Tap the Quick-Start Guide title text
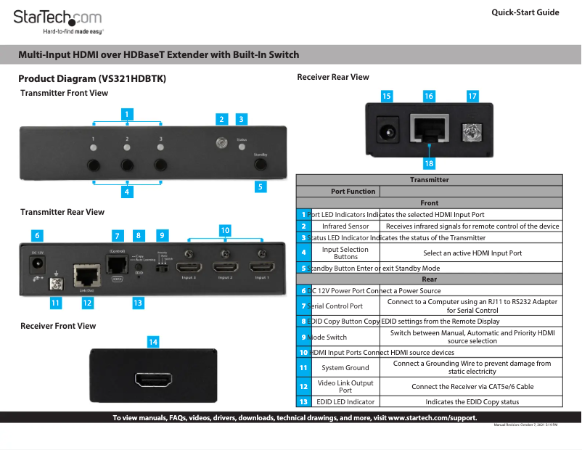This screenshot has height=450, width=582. (525, 12)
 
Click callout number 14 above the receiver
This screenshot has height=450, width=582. (153, 340)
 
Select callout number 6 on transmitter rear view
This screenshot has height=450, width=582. (37, 235)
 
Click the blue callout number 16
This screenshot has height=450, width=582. (429, 96)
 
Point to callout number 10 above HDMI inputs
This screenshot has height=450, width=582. (225, 229)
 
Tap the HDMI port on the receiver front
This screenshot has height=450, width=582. (153, 380)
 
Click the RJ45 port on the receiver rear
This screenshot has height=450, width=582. (428, 129)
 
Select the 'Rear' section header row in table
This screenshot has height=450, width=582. (429, 279)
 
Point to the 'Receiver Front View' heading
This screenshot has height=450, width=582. (58, 326)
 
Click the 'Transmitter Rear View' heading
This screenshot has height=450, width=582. (62, 212)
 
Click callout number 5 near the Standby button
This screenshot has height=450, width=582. (260, 187)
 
